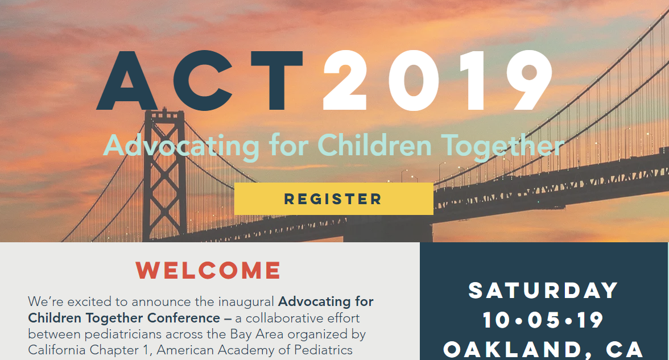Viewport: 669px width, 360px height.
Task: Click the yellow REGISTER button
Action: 333,199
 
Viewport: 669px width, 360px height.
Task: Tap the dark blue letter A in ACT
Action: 127,81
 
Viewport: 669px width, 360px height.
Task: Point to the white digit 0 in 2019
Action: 414,80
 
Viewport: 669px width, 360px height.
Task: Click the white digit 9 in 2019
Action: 529,80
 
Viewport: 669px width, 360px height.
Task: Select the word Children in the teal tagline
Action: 374,146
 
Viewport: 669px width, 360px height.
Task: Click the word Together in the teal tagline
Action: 503,147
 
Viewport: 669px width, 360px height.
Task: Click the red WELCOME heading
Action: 208,271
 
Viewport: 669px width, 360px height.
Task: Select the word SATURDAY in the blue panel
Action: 543,291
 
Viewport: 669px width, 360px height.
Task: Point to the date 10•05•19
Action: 543,320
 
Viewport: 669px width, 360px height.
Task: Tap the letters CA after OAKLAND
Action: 625,349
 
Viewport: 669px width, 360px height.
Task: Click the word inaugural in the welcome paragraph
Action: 246,302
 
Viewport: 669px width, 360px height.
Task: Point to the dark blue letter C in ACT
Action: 203,81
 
